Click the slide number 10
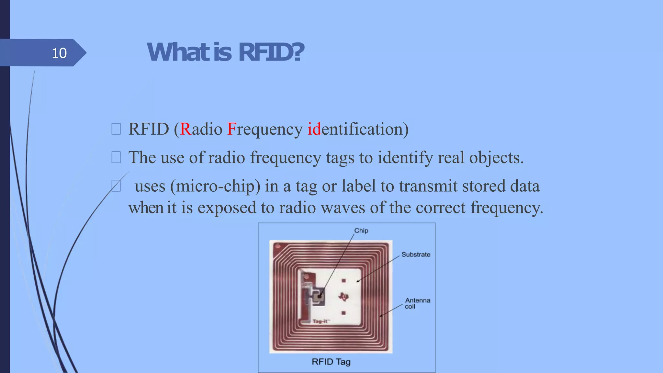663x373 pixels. tap(59, 53)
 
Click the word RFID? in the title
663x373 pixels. tap(271, 52)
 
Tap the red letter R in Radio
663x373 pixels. tap(185, 129)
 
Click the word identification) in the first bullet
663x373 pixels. tap(358, 129)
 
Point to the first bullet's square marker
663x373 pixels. tap(116, 129)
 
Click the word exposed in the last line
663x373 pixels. tap(227, 208)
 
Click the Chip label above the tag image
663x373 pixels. tap(361, 231)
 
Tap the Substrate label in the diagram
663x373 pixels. tap(416, 254)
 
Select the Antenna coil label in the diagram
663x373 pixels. tap(417, 303)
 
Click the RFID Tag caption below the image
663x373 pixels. tap(331, 362)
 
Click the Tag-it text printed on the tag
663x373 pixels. tap(321, 321)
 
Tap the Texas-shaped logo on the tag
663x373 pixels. tap(344, 296)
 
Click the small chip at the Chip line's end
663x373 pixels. tap(320, 296)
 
